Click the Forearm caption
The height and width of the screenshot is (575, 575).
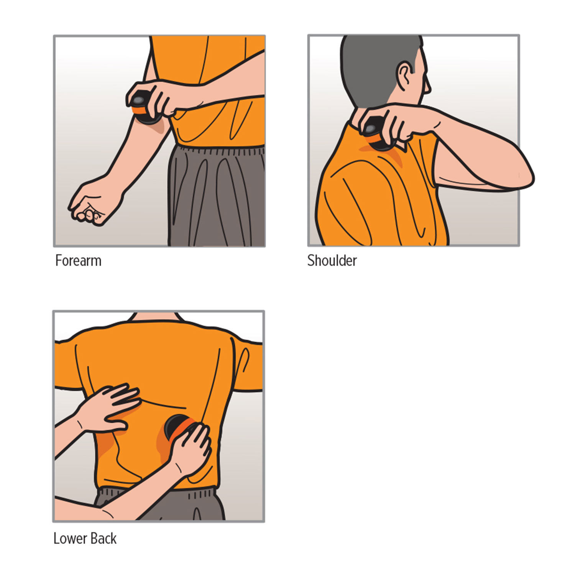coord(78,261)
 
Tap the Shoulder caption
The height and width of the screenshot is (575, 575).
coord(332,261)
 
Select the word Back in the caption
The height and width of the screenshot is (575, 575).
coord(102,539)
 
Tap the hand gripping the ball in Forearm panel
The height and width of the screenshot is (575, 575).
coord(161,98)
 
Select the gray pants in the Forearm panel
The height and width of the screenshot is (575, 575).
coord(217,195)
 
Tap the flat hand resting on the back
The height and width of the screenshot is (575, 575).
coord(109,408)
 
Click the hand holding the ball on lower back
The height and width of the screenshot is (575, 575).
coord(190,449)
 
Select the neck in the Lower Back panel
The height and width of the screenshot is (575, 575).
coord(155,317)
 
